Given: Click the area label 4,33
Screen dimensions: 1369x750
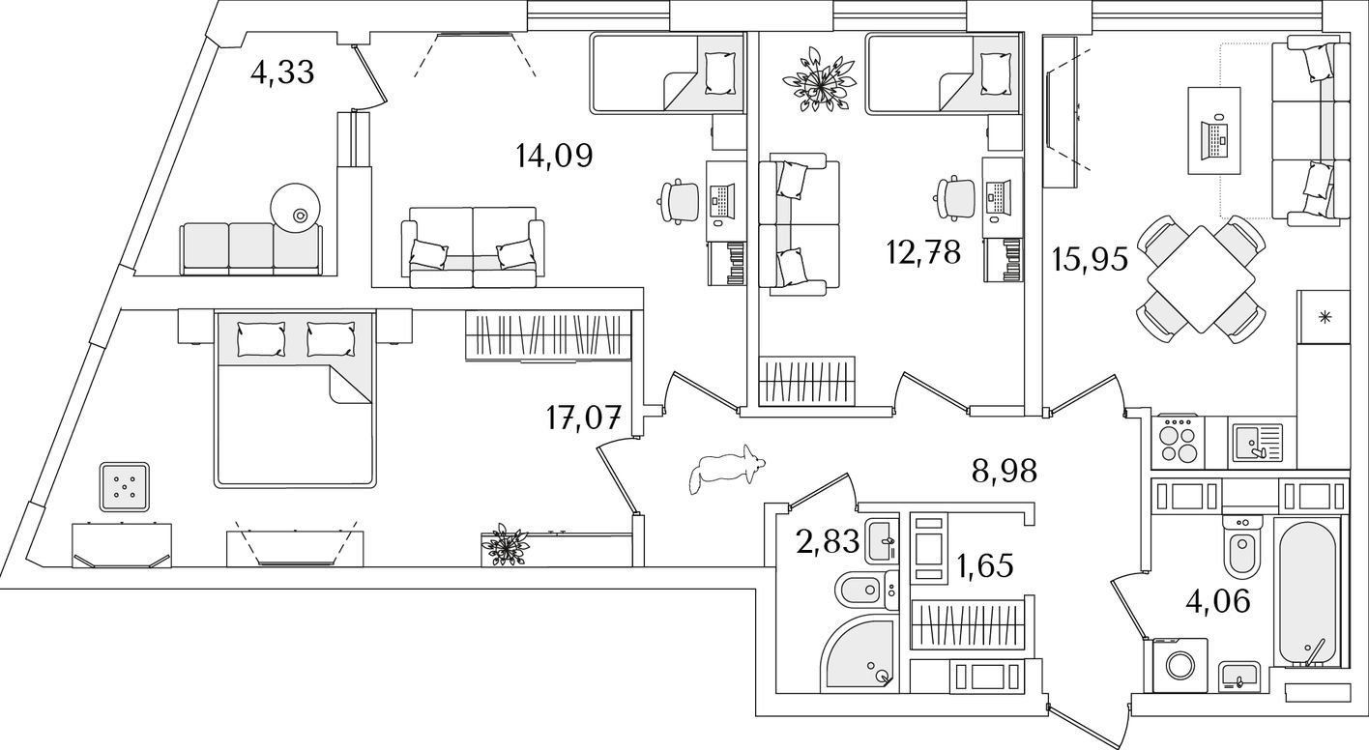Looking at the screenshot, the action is click(282, 72).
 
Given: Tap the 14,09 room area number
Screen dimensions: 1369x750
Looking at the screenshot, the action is click(554, 156).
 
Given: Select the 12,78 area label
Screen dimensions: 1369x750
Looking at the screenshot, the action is click(923, 252).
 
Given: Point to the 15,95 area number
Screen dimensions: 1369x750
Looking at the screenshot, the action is click(1090, 259).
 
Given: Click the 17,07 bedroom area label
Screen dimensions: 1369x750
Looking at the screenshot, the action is click(584, 418).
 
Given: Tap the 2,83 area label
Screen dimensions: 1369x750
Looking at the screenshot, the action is click(829, 541).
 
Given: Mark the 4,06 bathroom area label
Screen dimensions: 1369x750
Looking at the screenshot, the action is click(1218, 602).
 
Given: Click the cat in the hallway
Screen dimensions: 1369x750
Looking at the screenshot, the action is click(725, 470).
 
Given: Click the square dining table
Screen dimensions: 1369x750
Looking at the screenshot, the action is click(1202, 279).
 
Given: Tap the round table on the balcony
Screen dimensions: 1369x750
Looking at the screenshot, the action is click(296, 208).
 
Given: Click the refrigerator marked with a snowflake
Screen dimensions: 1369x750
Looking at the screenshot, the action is click(1323, 316).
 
